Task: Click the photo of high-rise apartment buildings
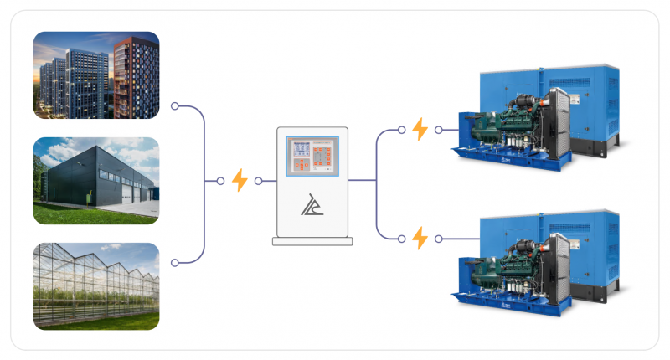point(96,75)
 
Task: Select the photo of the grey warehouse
point(96,181)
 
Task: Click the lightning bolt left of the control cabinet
point(240,180)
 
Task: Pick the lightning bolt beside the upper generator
point(420,129)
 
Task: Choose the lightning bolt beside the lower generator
point(420,238)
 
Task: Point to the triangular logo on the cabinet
point(311,204)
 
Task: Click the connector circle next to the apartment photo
point(174,106)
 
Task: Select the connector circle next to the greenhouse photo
point(174,263)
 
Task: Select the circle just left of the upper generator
point(439,130)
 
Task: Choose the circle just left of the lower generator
point(439,238)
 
